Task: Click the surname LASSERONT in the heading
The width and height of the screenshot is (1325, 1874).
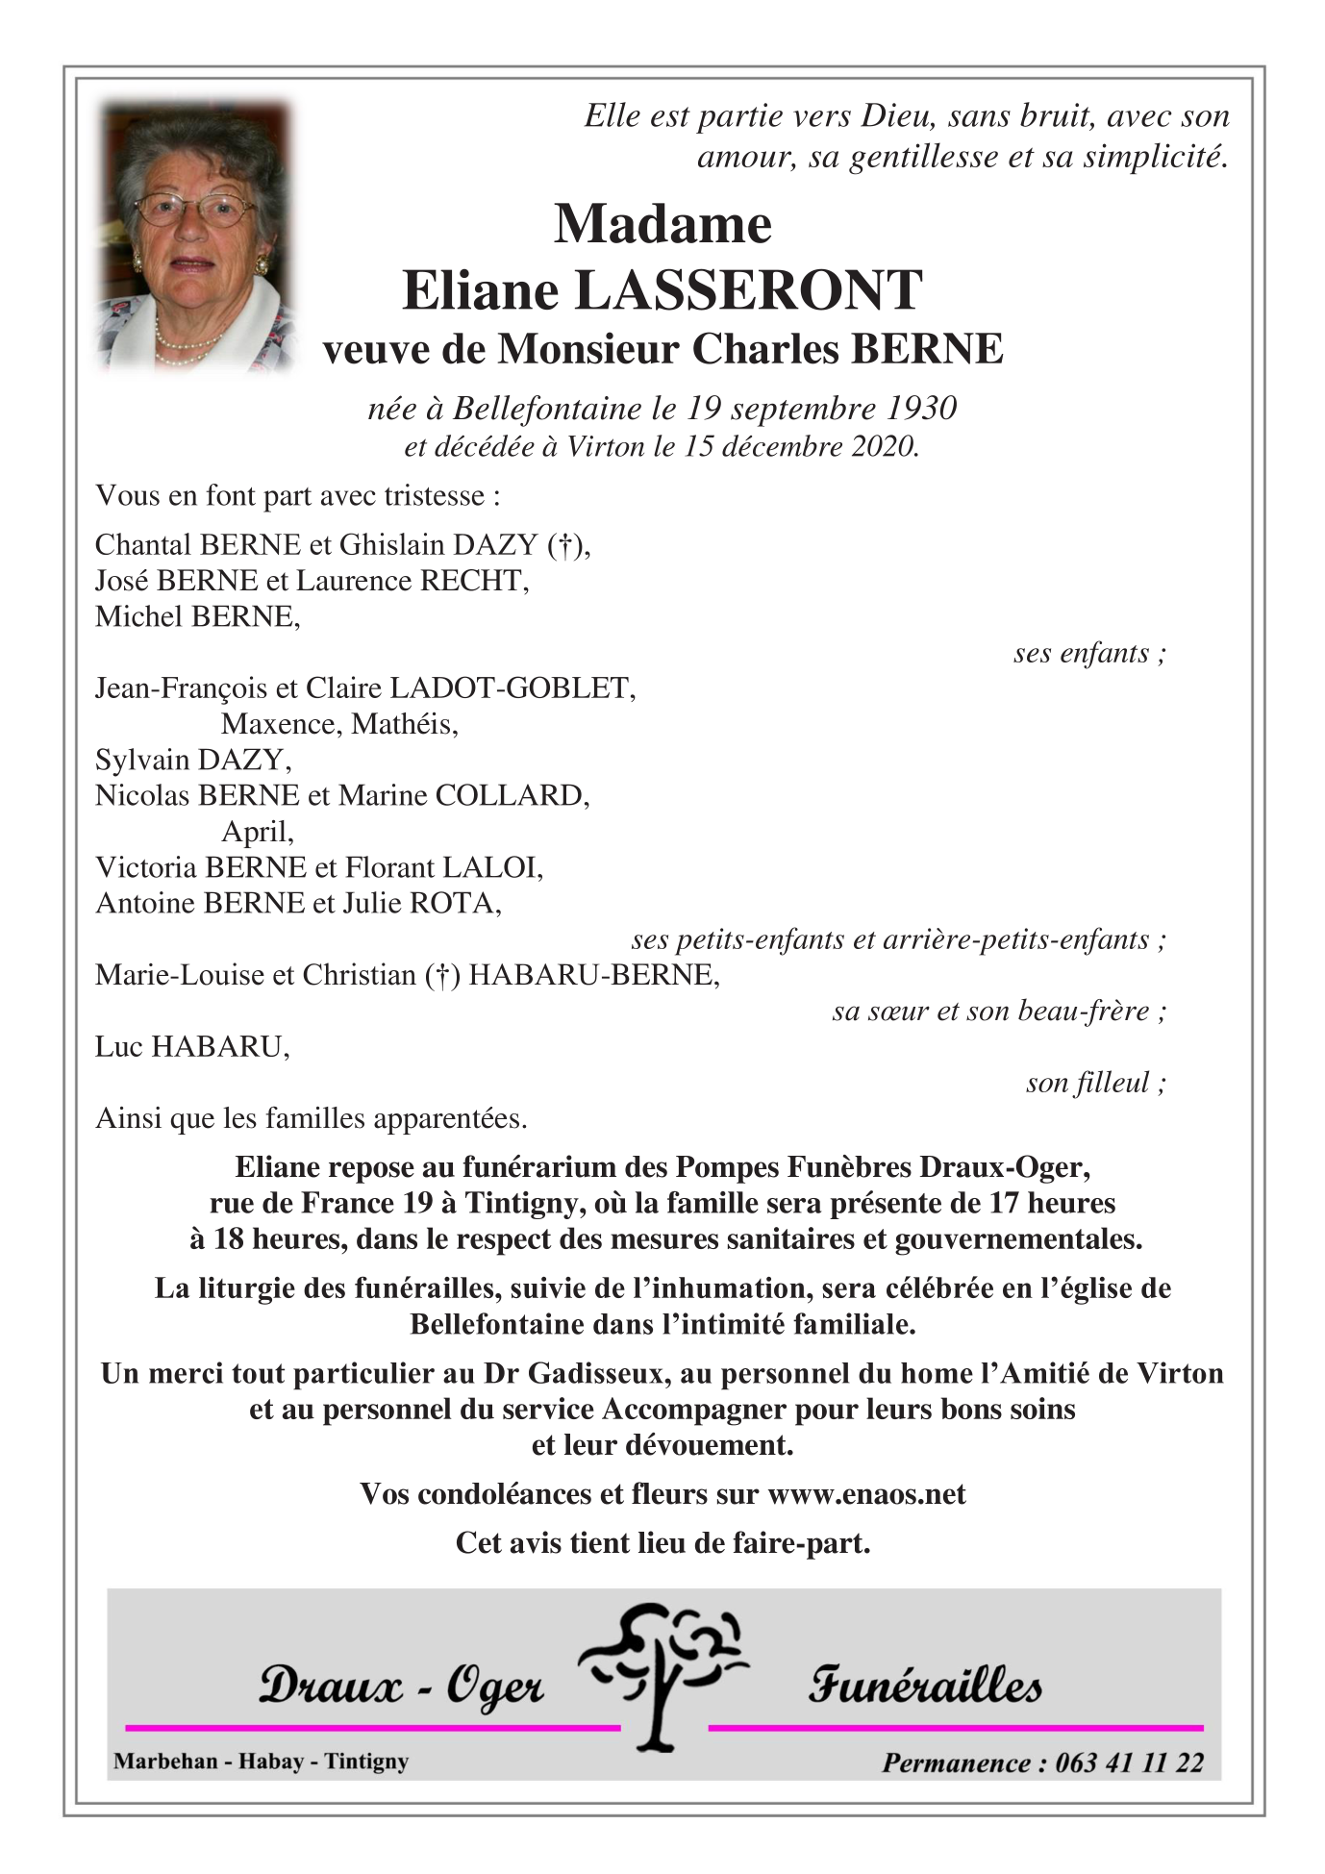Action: pos(748,290)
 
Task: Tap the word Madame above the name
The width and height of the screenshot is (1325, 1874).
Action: pos(662,224)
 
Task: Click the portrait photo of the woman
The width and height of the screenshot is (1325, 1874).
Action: pos(194,236)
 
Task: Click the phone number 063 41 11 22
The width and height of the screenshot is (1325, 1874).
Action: pos(1129,1762)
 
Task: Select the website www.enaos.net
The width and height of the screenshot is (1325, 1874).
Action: pos(866,1493)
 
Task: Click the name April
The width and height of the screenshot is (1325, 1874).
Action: pos(257,832)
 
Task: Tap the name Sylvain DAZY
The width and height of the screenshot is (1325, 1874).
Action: pos(192,760)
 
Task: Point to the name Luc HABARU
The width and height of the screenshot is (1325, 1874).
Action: pos(192,1046)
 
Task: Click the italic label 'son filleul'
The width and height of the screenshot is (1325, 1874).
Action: pos(1094,1083)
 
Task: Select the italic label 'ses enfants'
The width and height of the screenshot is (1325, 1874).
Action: pos(1088,653)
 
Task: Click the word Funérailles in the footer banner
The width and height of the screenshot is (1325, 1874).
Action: pos(924,1684)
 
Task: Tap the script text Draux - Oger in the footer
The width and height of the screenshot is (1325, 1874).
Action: pos(401,1686)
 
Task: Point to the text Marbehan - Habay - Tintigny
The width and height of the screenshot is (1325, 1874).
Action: pos(261,1761)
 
